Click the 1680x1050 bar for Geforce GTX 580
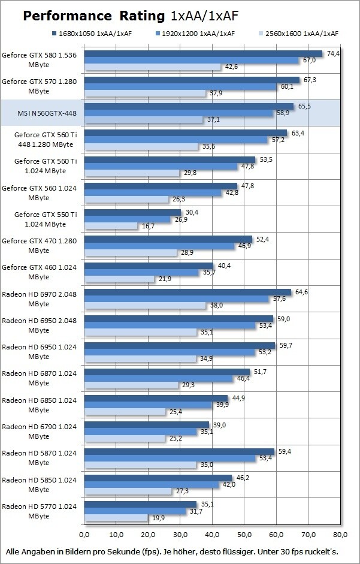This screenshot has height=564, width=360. coord(203,54)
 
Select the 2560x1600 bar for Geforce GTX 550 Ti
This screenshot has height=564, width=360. coord(111,226)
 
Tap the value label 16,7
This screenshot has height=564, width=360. coord(147,227)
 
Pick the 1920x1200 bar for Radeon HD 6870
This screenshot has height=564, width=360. coord(158,379)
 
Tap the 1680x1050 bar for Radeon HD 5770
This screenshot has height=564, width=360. coord(140,505)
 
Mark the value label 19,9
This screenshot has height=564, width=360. coord(158,517)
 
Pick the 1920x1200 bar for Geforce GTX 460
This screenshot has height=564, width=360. coord(141,272)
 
